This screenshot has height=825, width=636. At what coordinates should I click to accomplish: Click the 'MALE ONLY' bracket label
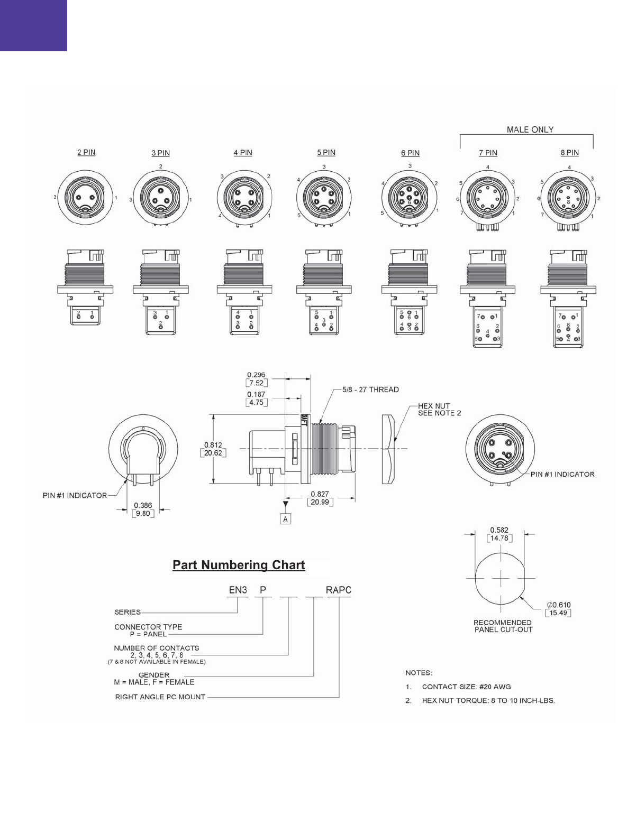pos(530,129)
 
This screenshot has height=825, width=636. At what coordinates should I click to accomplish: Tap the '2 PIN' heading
pos(86,152)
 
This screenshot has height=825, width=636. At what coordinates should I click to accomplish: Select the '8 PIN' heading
pos(569,153)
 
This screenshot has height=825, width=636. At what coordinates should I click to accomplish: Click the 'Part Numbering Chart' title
pos(239,565)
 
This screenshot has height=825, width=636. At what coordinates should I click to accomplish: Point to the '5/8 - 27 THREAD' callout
pos(370,390)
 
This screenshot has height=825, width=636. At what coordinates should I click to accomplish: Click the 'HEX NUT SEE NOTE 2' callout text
pos(439,410)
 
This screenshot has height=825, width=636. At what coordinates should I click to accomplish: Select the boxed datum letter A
pos(286,519)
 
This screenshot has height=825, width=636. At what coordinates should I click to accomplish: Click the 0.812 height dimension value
pos(213,445)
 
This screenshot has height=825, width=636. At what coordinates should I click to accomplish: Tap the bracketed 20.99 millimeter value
pos(320,502)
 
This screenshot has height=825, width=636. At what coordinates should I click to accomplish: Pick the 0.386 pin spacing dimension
pos(143,505)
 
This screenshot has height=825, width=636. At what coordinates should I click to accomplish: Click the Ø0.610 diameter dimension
pos(559,605)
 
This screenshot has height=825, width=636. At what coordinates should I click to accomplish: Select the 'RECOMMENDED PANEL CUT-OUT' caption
pos(503,626)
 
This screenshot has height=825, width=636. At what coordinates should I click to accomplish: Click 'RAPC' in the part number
pos(339,590)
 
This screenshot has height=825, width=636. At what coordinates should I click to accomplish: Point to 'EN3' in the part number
pos(238,590)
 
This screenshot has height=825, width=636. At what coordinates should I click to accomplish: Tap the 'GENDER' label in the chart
pos(154,675)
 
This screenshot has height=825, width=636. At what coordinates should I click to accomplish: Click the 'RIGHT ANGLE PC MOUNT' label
pos(160,697)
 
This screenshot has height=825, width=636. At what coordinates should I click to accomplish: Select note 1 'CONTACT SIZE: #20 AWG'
pos(466,687)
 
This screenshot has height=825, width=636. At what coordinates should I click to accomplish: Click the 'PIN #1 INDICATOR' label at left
pos(75,495)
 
